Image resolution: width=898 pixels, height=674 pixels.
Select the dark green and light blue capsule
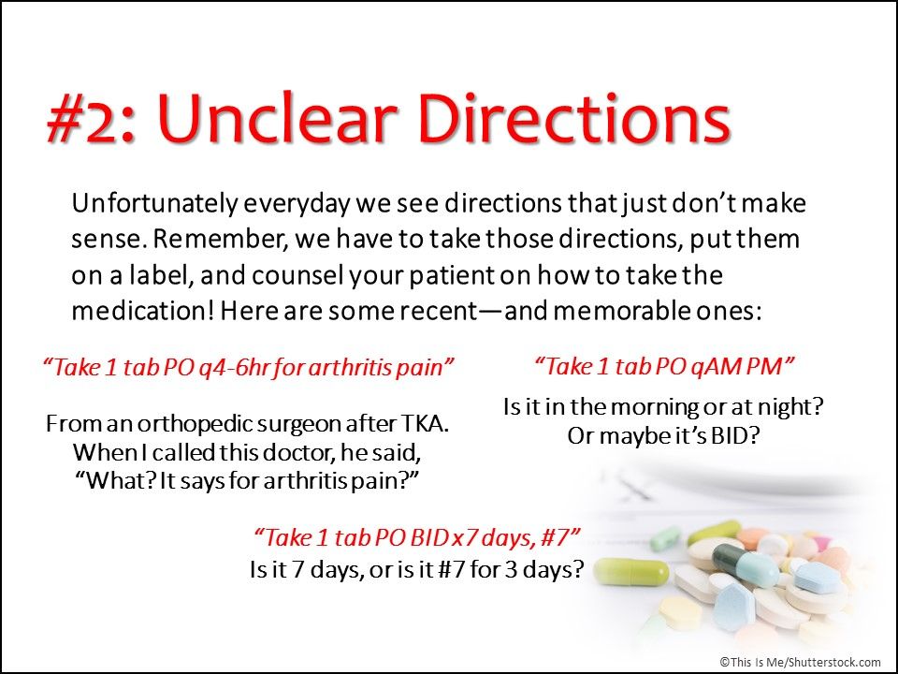(x=739, y=564)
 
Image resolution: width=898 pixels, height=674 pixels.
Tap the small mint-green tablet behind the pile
(x=665, y=538)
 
